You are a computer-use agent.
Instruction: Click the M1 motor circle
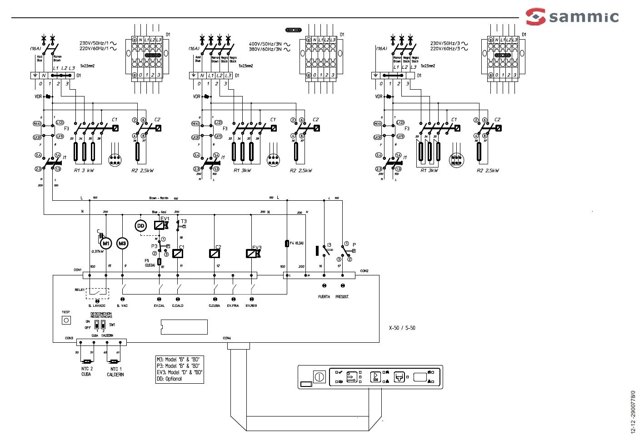click(106, 244)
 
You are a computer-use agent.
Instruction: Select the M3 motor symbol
click(122, 244)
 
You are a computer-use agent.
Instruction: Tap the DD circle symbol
click(140, 226)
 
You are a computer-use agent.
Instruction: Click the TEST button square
click(66, 320)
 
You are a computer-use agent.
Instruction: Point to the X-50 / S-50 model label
click(402, 328)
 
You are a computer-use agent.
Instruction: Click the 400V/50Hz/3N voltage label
click(265, 44)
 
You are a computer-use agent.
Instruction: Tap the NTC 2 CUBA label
click(86, 371)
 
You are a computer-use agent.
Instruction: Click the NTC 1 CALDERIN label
click(115, 372)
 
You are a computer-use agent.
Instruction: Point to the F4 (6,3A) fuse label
click(297, 244)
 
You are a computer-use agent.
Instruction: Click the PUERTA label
click(324, 297)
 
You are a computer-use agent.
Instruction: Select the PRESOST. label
click(342, 297)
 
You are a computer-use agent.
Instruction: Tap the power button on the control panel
click(320, 377)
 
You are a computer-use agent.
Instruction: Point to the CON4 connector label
click(227, 338)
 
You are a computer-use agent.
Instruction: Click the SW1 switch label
click(112, 325)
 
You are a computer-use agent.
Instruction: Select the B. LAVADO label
click(97, 305)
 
